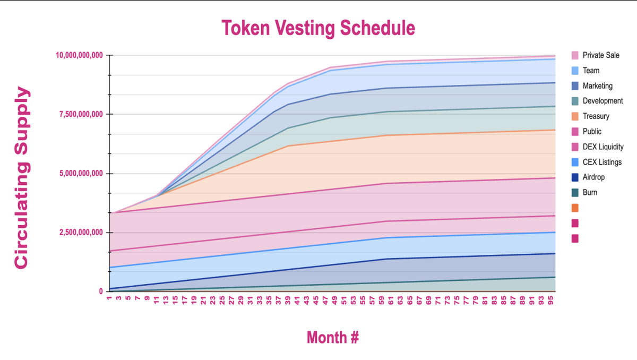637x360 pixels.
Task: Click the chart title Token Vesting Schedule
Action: click(x=318, y=28)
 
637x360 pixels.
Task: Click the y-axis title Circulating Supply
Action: click(x=21, y=178)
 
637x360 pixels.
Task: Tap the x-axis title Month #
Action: click(x=333, y=337)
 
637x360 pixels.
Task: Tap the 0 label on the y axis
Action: click(x=101, y=292)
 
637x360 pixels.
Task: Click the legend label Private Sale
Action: click(x=601, y=55)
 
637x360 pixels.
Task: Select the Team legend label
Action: click(x=591, y=71)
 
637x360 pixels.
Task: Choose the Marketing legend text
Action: click(x=597, y=86)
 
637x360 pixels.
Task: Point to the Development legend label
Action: click(x=602, y=101)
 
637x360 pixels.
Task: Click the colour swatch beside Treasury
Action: click(x=575, y=116)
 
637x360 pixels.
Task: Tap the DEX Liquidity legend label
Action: click(x=603, y=147)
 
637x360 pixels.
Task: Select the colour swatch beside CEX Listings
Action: click(x=575, y=162)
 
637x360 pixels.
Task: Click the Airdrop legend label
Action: click(x=593, y=177)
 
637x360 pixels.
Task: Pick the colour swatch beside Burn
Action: click(x=575, y=193)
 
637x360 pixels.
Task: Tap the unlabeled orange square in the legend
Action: click(x=575, y=208)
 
